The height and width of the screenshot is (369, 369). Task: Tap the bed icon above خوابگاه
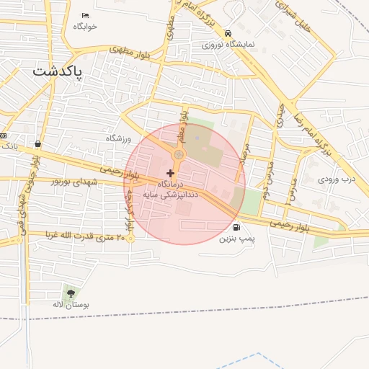[86, 16]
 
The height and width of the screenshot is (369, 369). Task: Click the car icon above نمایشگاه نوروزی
[228, 34]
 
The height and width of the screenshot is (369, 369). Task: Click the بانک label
[9, 145]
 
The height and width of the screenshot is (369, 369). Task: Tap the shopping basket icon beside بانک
[37, 144]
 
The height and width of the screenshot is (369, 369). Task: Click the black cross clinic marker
[170, 173]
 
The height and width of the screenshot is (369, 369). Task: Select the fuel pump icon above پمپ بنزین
[237, 226]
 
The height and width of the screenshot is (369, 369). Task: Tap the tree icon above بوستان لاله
[71, 293]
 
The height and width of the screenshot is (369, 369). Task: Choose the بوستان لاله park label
[71, 305]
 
